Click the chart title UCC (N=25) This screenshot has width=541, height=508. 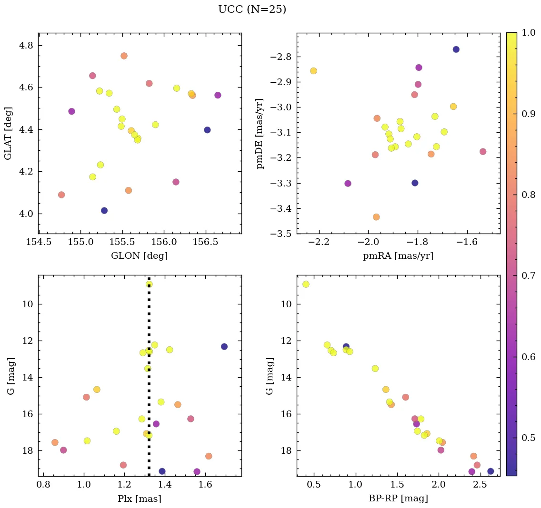coord(252,10)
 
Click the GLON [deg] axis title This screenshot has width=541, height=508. coord(139,256)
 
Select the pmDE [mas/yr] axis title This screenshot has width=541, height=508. coord(260,134)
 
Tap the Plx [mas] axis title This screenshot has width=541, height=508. coord(139,498)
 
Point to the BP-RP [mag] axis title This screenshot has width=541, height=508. coord(398,498)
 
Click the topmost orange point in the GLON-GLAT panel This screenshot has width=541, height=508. coord(124,56)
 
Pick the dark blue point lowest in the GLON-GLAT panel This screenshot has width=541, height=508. coord(104,210)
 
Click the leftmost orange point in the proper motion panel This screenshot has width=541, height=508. coord(313,71)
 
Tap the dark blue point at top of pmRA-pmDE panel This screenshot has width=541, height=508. coord(456,49)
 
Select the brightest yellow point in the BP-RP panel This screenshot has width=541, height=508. coord(306,284)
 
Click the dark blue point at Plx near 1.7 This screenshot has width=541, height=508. coord(224,346)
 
